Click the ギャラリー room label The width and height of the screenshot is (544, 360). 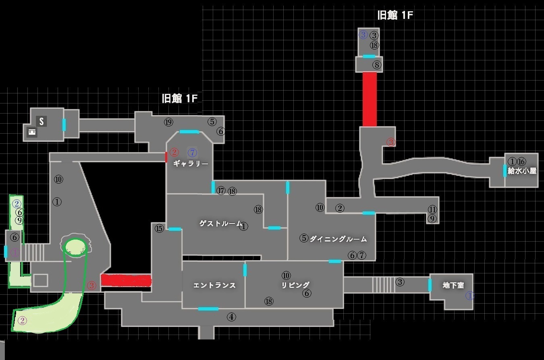click(x=191, y=164)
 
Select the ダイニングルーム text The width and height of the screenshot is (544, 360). click(x=338, y=239)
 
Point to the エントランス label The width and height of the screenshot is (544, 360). click(x=214, y=286)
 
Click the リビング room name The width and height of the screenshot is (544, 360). click(x=295, y=285)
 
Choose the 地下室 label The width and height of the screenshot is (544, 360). click(x=453, y=286)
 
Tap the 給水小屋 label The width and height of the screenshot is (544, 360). click(x=522, y=171)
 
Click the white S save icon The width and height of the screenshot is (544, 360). click(x=41, y=121)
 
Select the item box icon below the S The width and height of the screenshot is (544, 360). click(x=31, y=132)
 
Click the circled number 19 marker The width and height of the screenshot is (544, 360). click(x=168, y=122)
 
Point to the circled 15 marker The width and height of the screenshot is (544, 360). click(x=159, y=229)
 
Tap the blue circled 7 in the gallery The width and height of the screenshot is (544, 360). click(x=193, y=153)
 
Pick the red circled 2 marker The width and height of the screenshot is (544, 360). click(x=174, y=152)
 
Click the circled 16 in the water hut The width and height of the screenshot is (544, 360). click(x=521, y=161)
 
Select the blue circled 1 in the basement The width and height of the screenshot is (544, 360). click(x=470, y=296)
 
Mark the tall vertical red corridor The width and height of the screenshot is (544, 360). click(x=370, y=99)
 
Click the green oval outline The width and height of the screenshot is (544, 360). click(x=76, y=247)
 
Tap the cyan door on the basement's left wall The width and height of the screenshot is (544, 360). click(x=430, y=285)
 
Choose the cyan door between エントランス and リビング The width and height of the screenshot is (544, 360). click(x=245, y=270)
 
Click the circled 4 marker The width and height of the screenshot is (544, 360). click(x=231, y=317)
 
